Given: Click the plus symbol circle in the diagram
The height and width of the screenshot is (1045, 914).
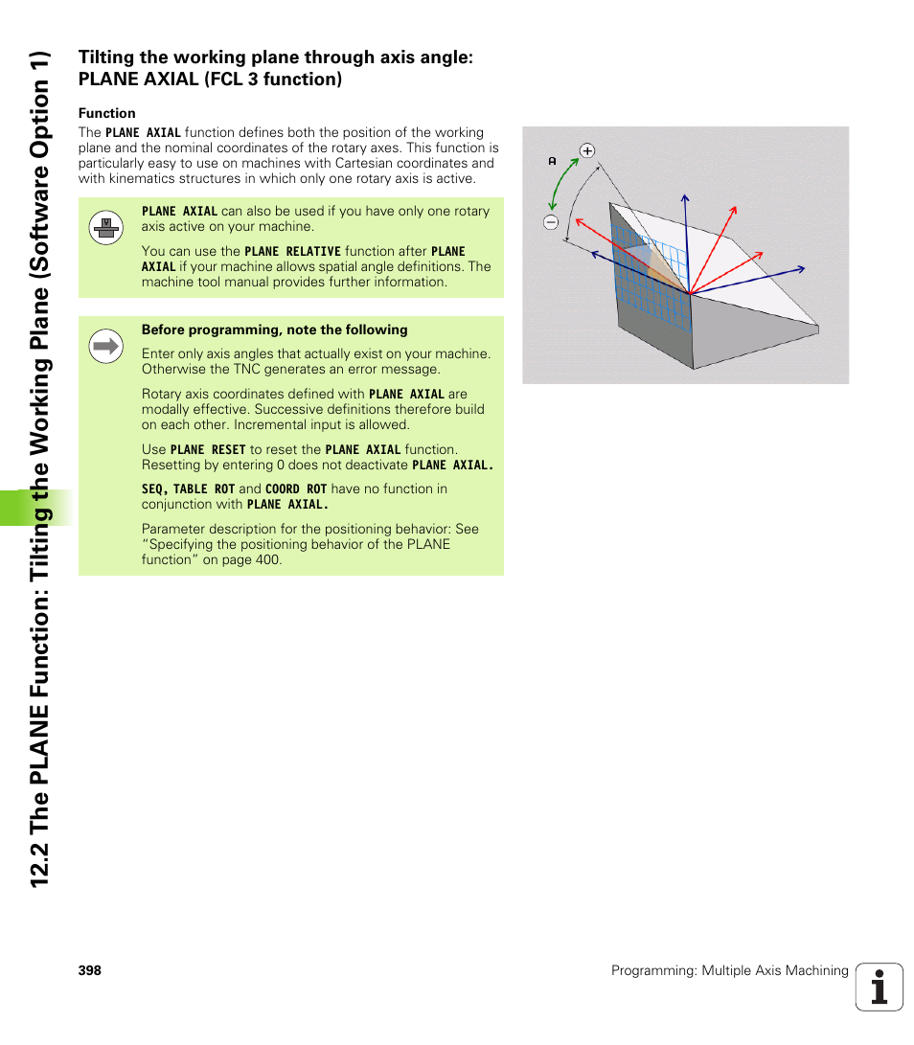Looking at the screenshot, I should pyautogui.click(x=587, y=150).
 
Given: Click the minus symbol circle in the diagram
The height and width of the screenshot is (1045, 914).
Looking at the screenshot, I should pyautogui.click(x=551, y=222).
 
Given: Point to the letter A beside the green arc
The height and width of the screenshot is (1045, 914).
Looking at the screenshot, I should pyautogui.click(x=553, y=162).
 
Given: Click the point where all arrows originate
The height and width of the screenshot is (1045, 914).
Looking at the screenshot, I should pyautogui.click(x=688, y=293).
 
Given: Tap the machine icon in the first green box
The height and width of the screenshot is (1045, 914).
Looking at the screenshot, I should pyautogui.click(x=104, y=227).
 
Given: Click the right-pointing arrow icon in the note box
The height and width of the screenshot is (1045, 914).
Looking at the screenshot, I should pyautogui.click(x=105, y=346).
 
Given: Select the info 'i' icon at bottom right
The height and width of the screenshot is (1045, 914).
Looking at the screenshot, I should pyautogui.click(x=879, y=987).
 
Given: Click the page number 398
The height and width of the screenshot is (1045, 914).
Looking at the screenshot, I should pyautogui.click(x=89, y=970).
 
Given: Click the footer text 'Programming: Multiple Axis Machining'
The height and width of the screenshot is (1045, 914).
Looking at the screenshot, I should pyautogui.click(x=730, y=970).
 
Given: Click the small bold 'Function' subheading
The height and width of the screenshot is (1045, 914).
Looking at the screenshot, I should pyautogui.click(x=106, y=113).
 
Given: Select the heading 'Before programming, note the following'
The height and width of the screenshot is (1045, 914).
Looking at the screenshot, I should pyautogui.click(x=274, y=329).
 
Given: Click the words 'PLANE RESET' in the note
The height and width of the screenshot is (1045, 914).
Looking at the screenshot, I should pyautogui.click(x=208, y=449).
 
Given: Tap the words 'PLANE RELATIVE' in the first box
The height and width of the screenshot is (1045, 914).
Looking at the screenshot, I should pyautogui.click(x=292, y=251).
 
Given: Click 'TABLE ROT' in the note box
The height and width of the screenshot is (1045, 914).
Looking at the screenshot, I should pyautogui.click(x=204, y=488).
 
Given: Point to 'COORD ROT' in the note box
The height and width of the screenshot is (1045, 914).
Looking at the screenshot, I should pyautogui.click(x=296, y=488).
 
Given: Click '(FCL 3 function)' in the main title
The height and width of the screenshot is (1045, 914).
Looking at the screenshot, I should pyautogui.click(x=272, y=80).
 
